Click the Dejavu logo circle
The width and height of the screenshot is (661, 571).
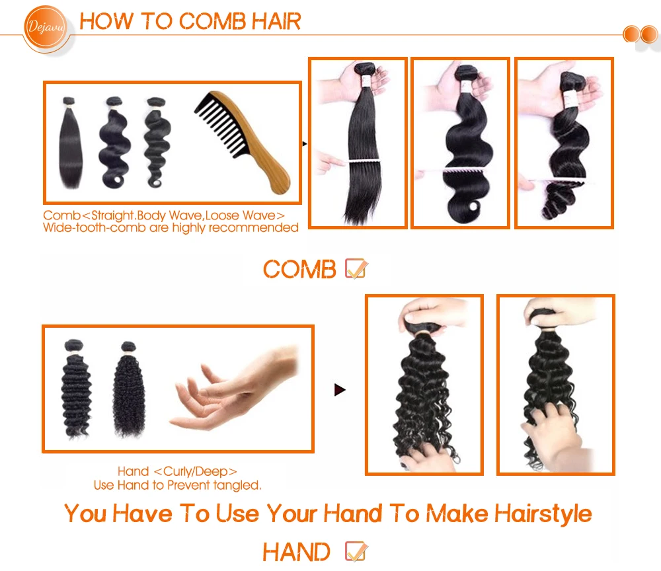45,27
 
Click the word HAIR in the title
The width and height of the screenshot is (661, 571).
276,21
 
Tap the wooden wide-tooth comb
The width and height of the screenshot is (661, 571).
242,142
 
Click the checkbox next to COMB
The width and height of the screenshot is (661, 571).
356,268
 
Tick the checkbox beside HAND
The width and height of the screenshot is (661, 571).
356,551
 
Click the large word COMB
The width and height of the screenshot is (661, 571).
299,269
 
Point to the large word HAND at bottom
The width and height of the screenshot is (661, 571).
296,552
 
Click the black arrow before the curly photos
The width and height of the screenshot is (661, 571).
340,390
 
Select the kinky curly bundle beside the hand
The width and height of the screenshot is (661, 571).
129,389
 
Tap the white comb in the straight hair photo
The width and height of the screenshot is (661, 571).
365,162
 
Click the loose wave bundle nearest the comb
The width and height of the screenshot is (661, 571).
157,143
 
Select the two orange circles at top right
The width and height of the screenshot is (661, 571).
640,34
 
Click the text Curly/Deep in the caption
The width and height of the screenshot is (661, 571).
196,471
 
